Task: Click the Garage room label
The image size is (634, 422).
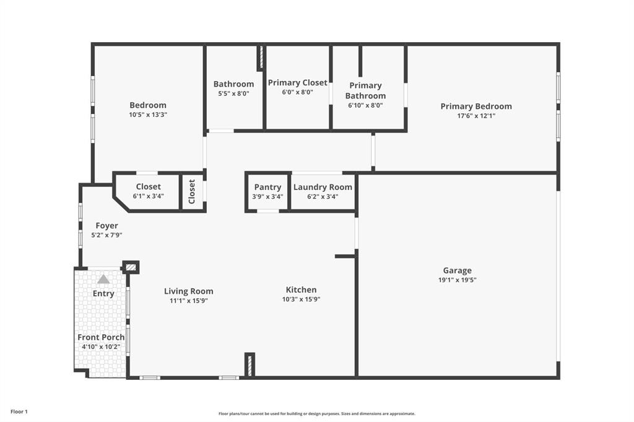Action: [x=457, y=270]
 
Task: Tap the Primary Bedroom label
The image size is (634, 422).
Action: [x=476, y=106]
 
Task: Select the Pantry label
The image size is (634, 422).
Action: [x=267, y=187]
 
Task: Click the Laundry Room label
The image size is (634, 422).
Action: [x=323, y=187]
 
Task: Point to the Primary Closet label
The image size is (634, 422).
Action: [x=298, y=83]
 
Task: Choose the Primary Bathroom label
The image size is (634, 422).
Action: [x=365, y=90]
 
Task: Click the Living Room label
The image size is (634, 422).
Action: [x=188, y=291]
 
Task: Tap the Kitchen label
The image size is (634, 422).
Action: [x=301, y=290]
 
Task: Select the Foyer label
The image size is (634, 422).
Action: [x=106, y=226]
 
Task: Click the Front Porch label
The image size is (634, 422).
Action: [x=101, y=337]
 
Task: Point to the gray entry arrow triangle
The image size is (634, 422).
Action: [x=103, y=279]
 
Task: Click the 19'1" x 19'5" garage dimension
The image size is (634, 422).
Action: [x=457, y=280]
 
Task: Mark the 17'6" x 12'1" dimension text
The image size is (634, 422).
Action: [x=476, y=116]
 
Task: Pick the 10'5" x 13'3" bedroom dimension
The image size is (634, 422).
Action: [x=148, y=114]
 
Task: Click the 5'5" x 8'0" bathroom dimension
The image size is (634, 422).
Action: [x=233, y=93]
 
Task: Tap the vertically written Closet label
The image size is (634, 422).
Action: [x=192, y=192]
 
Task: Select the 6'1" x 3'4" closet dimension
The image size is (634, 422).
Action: [x=148, y=196]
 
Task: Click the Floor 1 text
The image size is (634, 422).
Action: [x=19, y=411]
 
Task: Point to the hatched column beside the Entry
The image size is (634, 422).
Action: [x=131, y=267]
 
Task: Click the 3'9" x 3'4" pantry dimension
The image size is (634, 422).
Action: [x=267, y=197]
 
